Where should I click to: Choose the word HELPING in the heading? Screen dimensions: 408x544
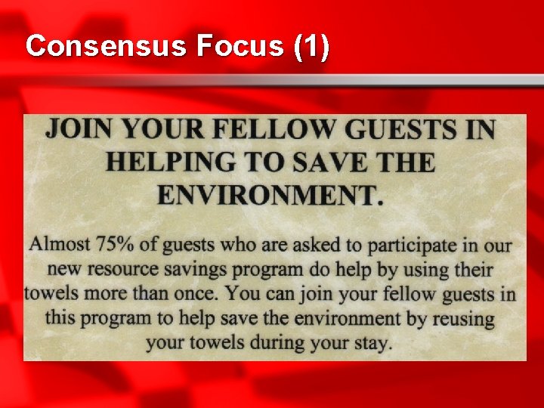pyautogui.click(x=172, y=162)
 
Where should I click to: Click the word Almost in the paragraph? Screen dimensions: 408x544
pyautogui.click(x=58, y=245)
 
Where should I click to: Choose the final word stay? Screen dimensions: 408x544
pyautogui.click(x=369, y=343)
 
